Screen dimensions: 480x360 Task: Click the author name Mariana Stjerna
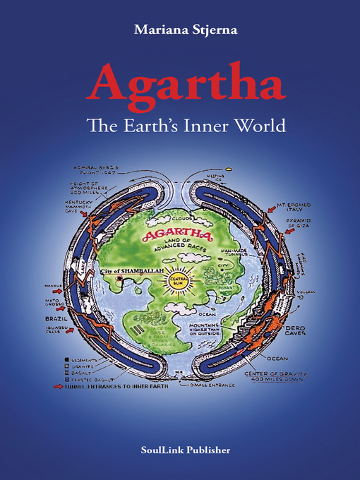coord(179,30)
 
